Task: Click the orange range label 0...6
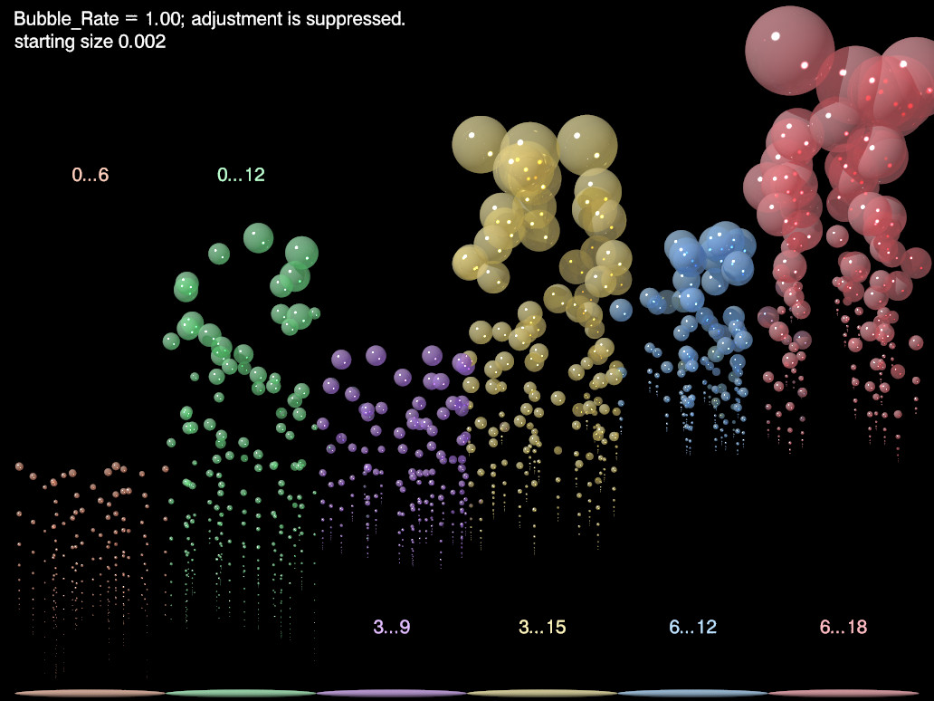(x=91, y=175)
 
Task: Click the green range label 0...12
(x=241, y=175)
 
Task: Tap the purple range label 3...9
(x=392, y=627)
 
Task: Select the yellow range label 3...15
(x=542, y=627)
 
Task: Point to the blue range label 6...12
(x=693, y=627)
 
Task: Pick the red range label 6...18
(x=843, y=627)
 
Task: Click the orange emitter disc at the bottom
(x=91, y=693)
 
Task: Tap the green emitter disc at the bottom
(x=241, y=693)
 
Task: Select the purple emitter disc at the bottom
(x=392, y=693)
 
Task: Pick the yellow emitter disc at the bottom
(x=542, y=693)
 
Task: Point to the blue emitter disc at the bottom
(x=693, y=693)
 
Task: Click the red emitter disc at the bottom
(x=843, y=693)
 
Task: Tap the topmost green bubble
(x=258, y=238)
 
